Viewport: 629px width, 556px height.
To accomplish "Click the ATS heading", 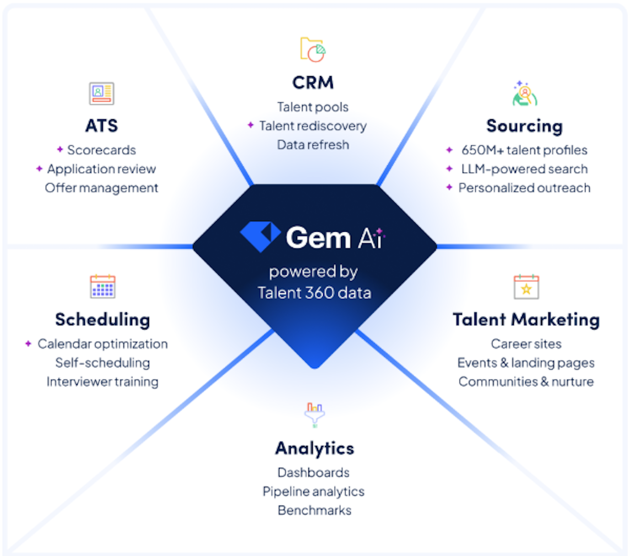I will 101,126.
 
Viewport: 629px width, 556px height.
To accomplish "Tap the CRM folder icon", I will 313,49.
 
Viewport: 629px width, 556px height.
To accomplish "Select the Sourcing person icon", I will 524,94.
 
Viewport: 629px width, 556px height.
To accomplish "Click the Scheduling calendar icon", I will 102,287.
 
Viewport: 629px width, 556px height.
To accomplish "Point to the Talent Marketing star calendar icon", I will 526,287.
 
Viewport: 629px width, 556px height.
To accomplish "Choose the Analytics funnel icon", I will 314,414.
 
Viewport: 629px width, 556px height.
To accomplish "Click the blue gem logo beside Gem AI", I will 260,236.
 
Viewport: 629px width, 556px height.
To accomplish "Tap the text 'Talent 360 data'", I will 314,293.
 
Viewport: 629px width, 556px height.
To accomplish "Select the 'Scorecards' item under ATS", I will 101,150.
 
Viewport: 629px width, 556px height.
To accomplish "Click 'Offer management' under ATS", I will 101,188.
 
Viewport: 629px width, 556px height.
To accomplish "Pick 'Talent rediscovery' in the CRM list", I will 313,126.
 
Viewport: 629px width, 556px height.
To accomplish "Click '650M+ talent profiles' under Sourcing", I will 524,150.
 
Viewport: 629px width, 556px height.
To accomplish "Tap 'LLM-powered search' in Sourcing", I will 524,169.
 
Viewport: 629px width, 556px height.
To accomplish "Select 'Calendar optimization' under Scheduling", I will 102,344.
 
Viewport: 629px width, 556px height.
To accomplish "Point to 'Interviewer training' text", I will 102,382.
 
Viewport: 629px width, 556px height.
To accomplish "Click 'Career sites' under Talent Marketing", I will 526,344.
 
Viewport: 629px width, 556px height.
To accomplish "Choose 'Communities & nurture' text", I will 526,382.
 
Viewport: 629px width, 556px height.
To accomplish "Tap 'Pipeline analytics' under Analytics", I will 314,492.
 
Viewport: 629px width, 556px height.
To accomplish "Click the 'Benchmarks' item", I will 314,510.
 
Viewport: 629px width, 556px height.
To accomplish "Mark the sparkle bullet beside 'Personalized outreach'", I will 449,187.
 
